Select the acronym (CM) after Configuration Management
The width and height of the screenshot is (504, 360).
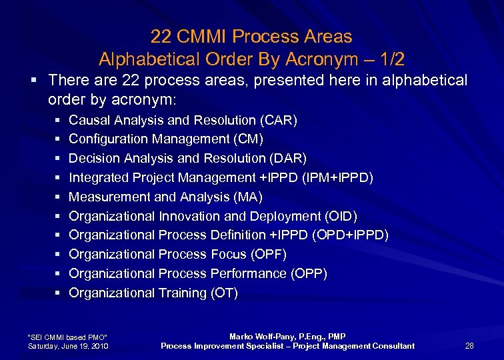248,139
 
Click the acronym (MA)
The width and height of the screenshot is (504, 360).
249,197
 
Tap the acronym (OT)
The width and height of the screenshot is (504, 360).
223,293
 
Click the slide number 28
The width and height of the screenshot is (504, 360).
469,346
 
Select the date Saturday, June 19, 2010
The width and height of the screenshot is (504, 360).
67,346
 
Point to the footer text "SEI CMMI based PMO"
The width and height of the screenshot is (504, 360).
66,337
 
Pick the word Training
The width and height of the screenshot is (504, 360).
182,293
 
